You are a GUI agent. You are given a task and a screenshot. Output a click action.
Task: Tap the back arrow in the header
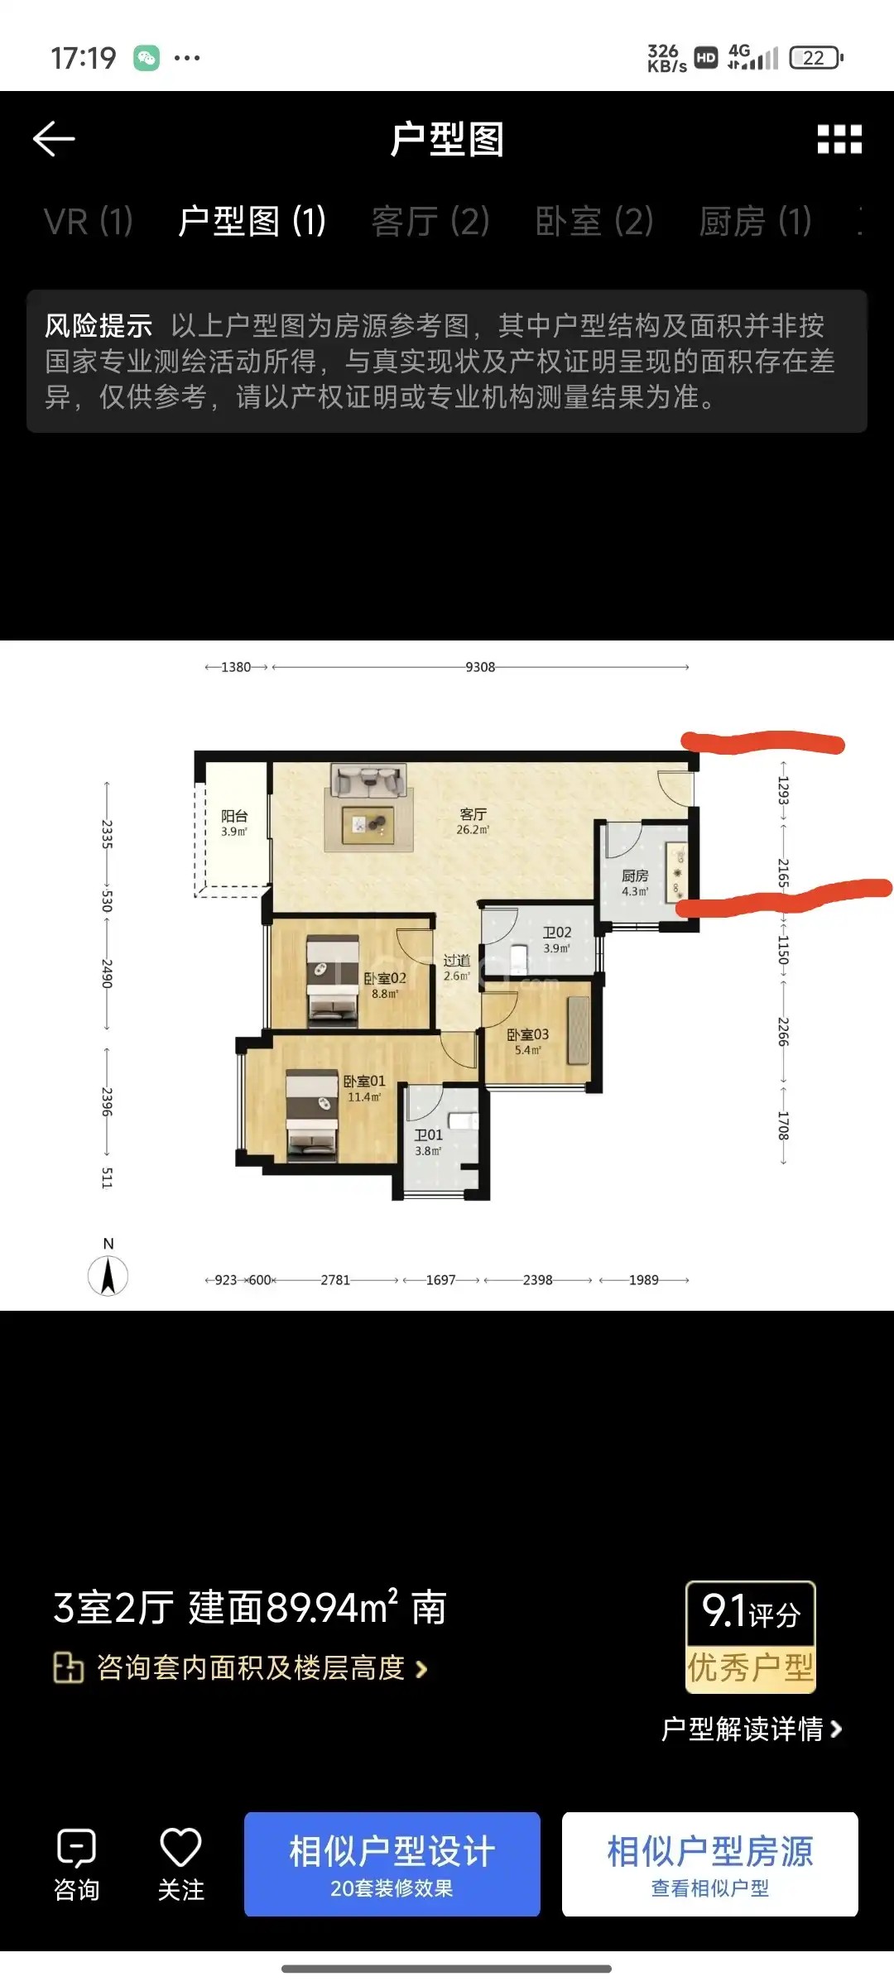coord(54,139)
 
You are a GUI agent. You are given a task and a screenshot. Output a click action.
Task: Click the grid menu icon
coord(839,139)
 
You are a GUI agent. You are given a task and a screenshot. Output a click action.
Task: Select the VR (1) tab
coord(89,222)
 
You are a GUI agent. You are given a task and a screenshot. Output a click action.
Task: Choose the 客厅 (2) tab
coord(430,222)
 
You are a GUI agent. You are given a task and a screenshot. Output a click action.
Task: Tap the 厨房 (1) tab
coord(755,222)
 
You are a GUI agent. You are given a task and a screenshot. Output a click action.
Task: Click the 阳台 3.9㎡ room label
coord(234,823)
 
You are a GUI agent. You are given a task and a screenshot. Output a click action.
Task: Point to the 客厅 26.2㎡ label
coord(473,821)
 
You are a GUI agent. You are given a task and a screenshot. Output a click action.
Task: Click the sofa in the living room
coord(368,780)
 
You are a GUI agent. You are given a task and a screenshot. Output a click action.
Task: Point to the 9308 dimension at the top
coord(480,667)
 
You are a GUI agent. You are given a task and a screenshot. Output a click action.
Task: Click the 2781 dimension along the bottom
coord(335,1280)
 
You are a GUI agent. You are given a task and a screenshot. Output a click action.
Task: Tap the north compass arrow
coord(108,1275)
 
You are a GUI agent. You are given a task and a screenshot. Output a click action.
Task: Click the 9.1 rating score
coord(724,1611)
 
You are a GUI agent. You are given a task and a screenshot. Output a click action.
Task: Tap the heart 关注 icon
coord(180,1847)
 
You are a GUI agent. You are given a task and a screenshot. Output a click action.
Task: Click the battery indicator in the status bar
coord(816,57)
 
